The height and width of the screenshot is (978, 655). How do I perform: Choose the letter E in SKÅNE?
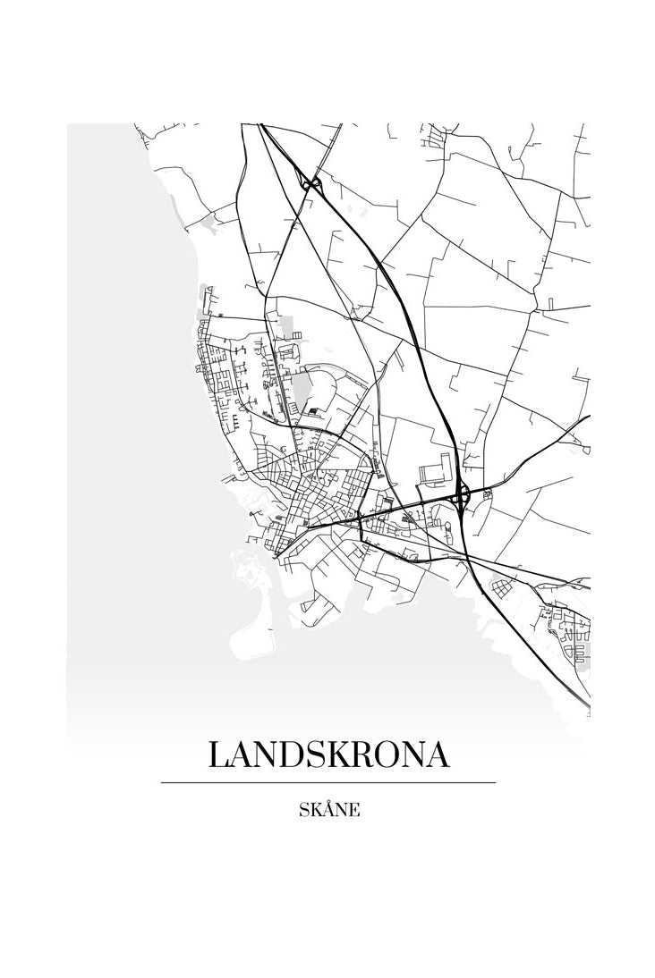354,811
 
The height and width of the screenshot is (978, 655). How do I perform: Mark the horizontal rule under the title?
327,782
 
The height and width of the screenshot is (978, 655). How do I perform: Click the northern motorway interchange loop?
312,184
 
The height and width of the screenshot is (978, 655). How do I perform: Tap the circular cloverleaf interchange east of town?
462,493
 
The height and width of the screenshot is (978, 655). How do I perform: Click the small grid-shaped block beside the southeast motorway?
498,587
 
